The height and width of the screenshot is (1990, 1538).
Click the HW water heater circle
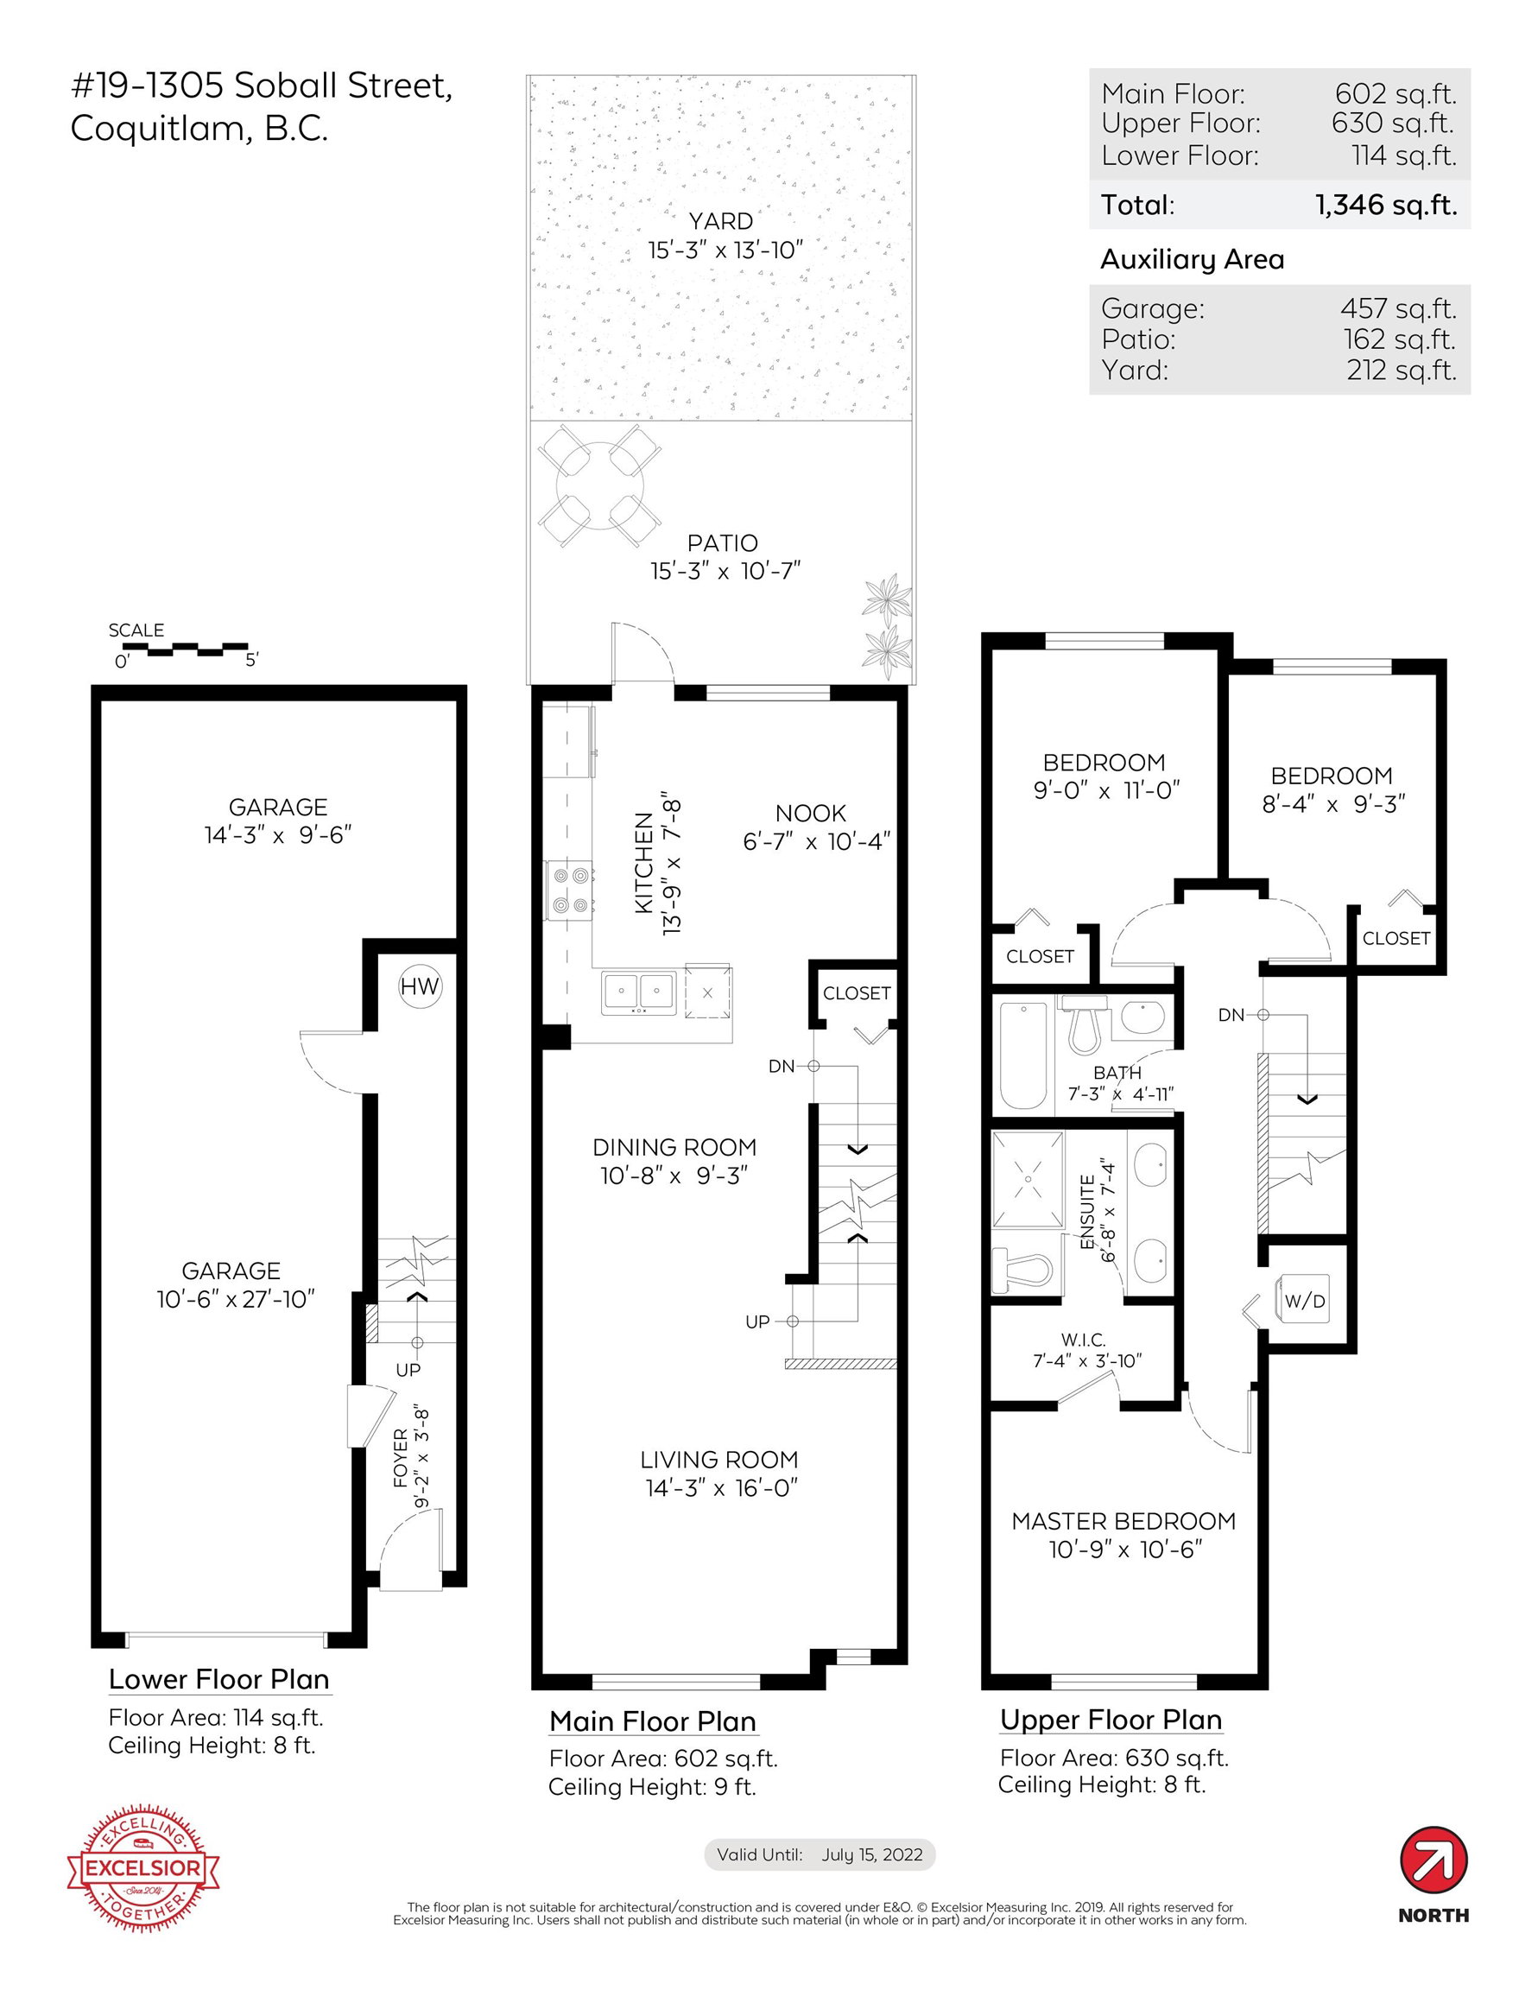coord(420,985)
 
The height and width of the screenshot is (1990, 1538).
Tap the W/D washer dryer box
coord(1305,1301)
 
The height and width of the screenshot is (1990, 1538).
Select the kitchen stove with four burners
coord(569,890)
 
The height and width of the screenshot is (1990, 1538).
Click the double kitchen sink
coord(639,993)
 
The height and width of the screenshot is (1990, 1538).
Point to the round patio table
coord(598,485)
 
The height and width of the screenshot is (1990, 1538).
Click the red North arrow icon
coord(1434,1859)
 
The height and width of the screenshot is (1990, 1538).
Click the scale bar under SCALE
coord(185,650)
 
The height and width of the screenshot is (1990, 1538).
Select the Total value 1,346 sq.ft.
coord(1385,205)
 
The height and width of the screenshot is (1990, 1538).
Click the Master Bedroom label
coord(1123,1521)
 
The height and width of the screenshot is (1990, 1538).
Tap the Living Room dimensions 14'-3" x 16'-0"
coord(722,1488)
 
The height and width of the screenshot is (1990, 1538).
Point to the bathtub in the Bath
coord(1023,1055)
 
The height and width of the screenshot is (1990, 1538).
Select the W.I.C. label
coord(1084,1340)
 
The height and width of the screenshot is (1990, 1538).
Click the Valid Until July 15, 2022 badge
coord(820,1854)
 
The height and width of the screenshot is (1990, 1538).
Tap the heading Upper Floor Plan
coord(1111,1720)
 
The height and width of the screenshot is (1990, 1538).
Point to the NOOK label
coord(811,813)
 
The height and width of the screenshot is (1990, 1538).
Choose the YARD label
coord(721,221)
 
